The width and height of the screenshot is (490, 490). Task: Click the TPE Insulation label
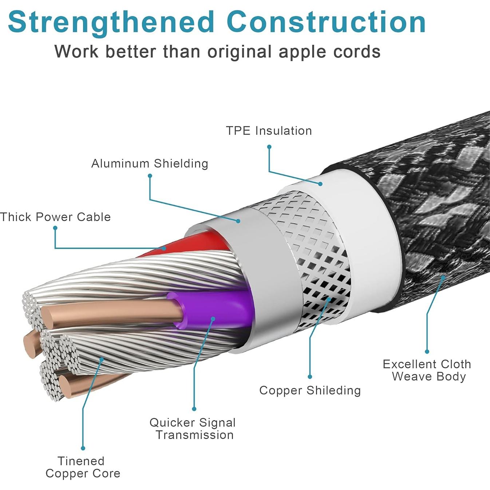(269, 131)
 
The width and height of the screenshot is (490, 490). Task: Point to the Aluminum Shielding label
(150, 163)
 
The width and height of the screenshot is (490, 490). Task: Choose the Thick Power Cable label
(55, 217)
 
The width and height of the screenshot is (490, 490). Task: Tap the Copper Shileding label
(310, 390)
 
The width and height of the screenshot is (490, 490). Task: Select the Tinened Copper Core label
(83, 467)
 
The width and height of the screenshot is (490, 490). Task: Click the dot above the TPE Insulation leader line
(269, 147)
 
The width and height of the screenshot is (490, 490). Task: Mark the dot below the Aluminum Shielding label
(150, 176)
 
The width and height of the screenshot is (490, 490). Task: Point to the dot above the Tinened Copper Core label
(83, 448)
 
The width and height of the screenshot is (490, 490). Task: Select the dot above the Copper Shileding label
(310, 377)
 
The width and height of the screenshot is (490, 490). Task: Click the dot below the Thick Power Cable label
(55, 228)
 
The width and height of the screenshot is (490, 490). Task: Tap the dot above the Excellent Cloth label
(427, 351)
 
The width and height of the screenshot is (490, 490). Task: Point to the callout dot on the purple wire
(213, 319)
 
